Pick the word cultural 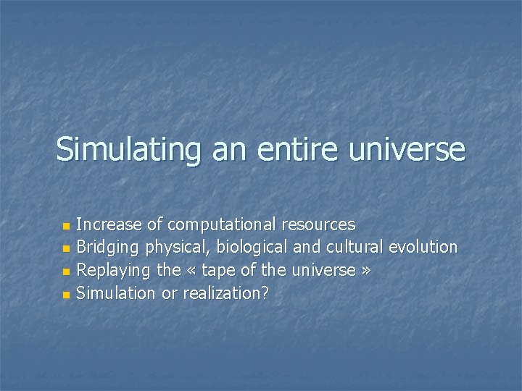click(x=355, y=248)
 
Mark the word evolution click(x=423, y=248)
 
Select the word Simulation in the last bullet click(x=116, y=293)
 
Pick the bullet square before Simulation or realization click(x=67, y=295)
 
